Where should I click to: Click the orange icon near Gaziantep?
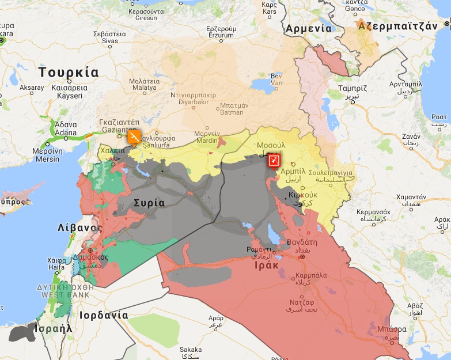point(134,137)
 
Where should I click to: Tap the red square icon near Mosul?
point(274,160)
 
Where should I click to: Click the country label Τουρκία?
point(69,73)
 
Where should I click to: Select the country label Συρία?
point(149,203)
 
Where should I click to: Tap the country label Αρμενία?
point(309,28)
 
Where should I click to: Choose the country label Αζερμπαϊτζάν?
point(395,26)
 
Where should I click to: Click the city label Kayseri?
point(70,96)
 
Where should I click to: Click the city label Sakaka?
point(190,350)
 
